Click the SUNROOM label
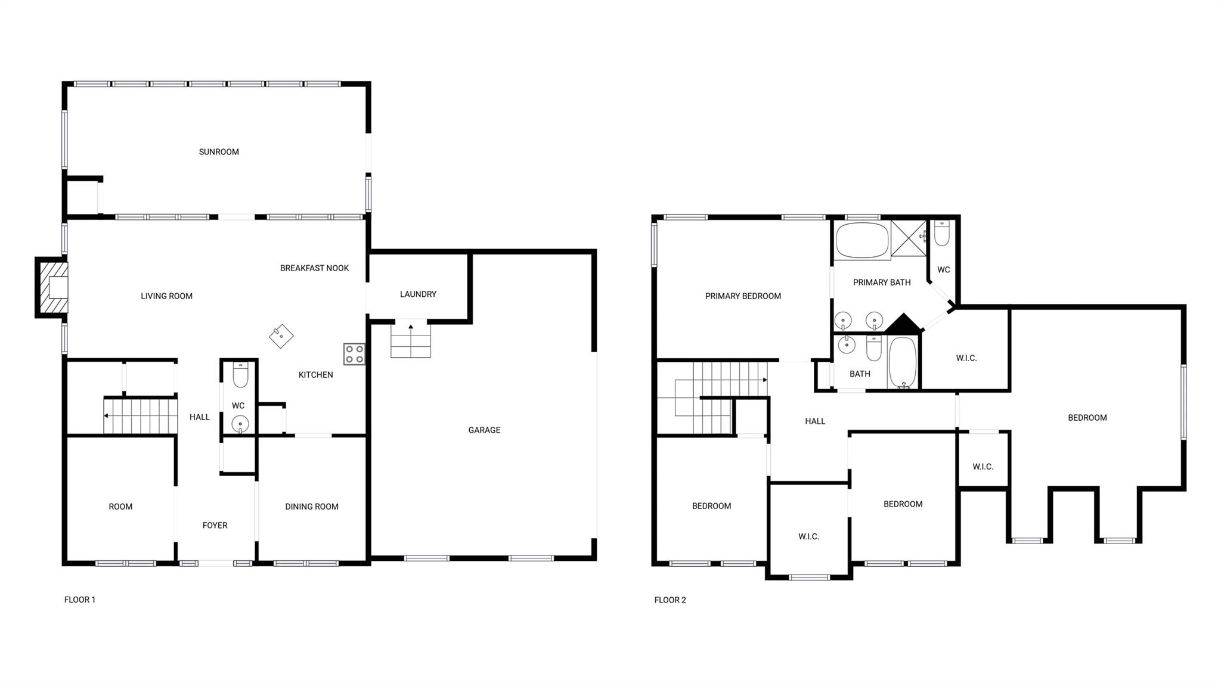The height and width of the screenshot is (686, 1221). point(219,152)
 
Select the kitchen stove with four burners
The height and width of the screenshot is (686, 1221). point(354,354)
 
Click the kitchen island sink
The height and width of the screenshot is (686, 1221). point(281,336)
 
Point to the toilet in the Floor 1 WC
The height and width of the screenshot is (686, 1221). point(240,374)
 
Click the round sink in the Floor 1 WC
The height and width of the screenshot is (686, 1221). point(240,424)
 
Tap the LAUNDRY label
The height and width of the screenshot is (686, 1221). point(418,294)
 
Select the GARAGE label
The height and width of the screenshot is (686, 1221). point(484,430)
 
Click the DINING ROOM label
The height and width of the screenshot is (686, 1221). point(311,507)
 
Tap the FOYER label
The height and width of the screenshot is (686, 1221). point(215,525)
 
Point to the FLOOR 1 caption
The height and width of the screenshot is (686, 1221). point(80,600)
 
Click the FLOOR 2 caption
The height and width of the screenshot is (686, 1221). point(670,600)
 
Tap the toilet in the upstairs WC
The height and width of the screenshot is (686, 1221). point(942,233)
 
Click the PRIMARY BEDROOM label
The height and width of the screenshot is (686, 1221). point(743,296)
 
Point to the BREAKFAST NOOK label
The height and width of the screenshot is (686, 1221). point(314,268)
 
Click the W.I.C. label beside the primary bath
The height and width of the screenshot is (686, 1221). point(966,358)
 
